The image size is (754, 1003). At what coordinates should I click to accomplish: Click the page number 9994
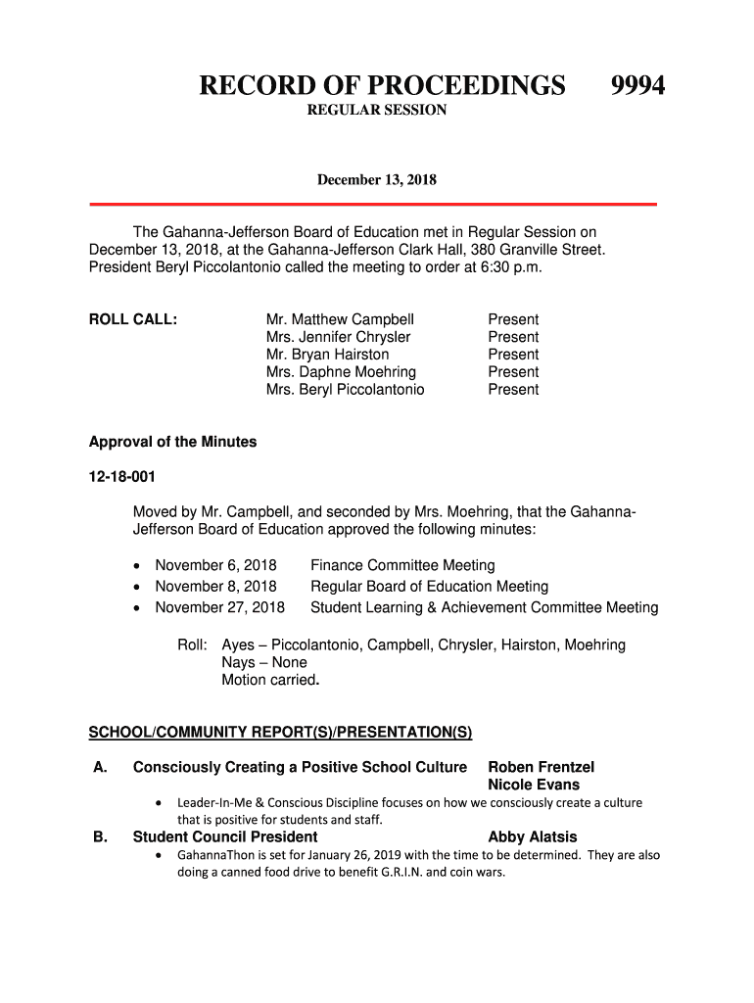(x=637, y=86)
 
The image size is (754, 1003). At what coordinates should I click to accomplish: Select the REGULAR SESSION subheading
(x=377, y=111)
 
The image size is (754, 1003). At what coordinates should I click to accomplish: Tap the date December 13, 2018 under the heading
(x=376, y=180)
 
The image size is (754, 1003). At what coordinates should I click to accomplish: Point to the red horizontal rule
(x=373, y=204)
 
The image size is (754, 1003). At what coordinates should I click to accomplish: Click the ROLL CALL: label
(x=133, y=319)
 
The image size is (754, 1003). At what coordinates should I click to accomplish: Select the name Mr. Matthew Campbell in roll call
(x=340, y=319)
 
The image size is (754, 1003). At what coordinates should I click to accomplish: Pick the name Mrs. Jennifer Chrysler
(x=338, y=337)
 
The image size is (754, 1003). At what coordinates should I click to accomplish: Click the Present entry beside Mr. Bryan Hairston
(x=513, y=355)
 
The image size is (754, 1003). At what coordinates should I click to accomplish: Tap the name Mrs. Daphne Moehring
(x=341, y=372)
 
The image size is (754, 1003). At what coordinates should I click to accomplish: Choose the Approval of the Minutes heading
(x=172, y=442)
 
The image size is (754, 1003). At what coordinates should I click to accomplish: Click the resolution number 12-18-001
(x=122, y=477)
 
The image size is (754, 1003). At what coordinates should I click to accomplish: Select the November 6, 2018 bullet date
(x=215, y=565)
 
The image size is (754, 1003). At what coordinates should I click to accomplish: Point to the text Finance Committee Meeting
(x=402, y=565)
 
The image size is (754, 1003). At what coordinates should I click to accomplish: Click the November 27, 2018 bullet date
(x=219, y=607)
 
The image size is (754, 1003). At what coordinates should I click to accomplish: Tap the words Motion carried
(x=269, y=680)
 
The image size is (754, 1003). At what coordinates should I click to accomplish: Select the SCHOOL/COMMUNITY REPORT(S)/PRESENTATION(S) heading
(x=281, y=732)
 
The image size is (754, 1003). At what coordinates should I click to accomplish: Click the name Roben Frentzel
(x=541, y=767)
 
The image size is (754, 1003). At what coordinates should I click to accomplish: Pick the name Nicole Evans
(x=534, y=785)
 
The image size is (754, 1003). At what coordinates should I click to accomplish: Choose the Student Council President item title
(x=225, y=836)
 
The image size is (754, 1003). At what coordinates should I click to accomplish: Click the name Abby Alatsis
(x=532, y=836)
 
